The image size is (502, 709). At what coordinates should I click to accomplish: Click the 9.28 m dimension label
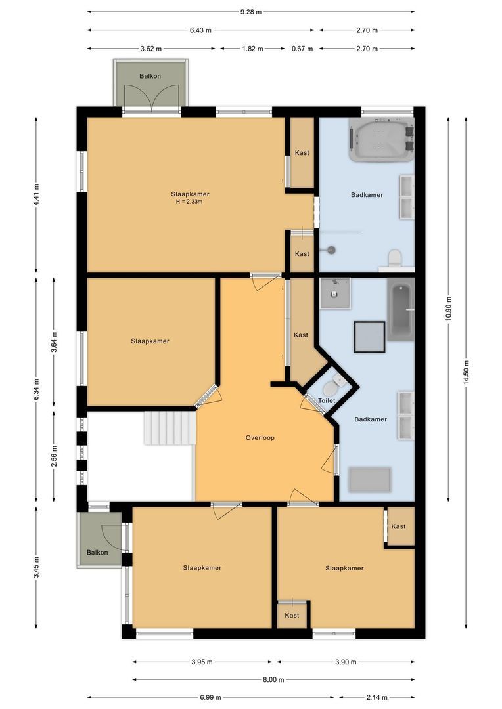251,12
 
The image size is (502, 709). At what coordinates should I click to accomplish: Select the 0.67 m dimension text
302,49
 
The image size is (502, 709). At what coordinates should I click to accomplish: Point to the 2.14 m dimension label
377,697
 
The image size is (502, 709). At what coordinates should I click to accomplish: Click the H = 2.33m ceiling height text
189,202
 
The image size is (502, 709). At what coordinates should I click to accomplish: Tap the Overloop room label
260,438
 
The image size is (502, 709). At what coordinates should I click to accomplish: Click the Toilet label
327,400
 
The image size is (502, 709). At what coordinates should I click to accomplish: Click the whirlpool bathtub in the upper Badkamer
382,140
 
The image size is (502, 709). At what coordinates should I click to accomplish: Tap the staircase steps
170,428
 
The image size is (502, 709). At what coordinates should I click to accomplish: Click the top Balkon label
150,77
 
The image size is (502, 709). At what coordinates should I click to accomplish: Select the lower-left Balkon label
97,552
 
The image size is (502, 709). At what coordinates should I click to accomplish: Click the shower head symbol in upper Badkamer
331,249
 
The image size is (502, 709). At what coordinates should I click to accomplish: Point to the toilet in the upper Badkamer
395,258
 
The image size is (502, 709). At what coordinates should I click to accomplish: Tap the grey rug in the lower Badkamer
369,479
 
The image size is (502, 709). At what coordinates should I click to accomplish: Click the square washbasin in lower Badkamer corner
335,293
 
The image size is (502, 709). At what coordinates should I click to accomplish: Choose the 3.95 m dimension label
202,662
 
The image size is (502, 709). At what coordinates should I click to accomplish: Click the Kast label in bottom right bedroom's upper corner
398,526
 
